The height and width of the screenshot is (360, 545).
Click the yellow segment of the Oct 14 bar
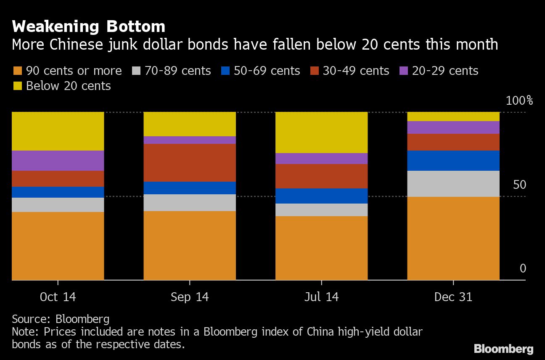tap(58, 131)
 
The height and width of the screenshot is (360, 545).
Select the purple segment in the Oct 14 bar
tap(58, 160)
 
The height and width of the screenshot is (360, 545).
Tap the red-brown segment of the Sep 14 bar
tap(190, 162)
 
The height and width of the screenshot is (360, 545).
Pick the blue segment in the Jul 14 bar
tap(321, 196)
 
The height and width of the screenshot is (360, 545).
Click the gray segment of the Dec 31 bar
tap(453, 183)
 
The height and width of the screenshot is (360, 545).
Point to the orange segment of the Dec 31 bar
tap(453, 238)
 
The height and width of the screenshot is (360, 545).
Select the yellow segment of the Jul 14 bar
tap(321, 132)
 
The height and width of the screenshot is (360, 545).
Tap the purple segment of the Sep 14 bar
tap(190, 140)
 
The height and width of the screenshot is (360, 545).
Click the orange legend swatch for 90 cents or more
tap(17, 71)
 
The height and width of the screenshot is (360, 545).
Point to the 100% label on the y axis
tap(519, 101)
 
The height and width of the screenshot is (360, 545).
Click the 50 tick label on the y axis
tap(519, 185)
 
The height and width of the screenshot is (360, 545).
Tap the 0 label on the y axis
tap(523, 268)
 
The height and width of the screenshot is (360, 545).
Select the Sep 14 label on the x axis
tap(190, 297)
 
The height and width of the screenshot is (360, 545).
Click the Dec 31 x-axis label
tap(453, 297)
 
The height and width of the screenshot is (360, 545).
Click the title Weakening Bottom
tap(88, 26)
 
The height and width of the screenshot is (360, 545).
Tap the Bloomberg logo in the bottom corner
tap(503, 349)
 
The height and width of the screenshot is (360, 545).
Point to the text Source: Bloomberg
tap(61, 319)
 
